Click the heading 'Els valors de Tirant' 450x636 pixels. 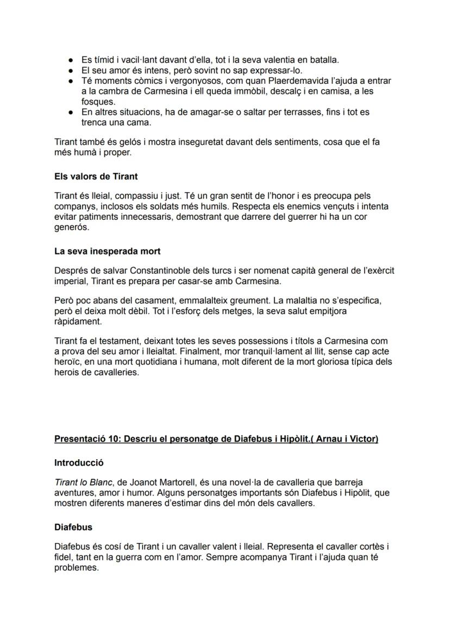95,176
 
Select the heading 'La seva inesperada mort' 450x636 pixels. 107,251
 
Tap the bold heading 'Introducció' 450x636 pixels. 79,463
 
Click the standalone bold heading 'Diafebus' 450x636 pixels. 73,527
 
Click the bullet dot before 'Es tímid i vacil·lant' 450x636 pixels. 71,60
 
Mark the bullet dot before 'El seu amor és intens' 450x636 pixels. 71,71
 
